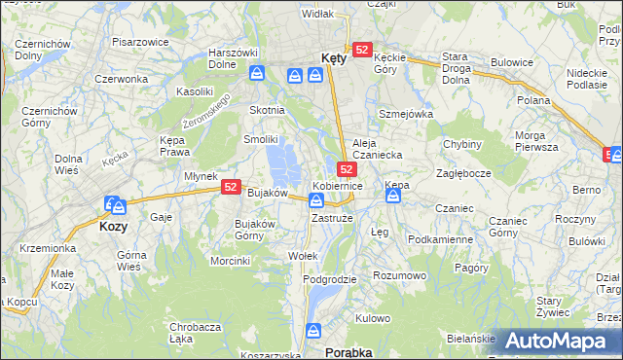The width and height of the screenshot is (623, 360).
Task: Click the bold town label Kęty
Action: pos(333,58)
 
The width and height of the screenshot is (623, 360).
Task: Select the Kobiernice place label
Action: pos(338,185)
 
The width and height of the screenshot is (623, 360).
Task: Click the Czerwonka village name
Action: pos(121,78)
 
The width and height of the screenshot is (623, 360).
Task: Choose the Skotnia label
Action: pos(268,110)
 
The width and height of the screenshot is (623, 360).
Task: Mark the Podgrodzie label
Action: pos(329,279)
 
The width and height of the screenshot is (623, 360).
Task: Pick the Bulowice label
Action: pos(513,61)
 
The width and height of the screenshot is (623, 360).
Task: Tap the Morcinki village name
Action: pos(231,261)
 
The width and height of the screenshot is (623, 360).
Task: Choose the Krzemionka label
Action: pos(47,248)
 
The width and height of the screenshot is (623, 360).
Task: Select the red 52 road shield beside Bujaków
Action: pos(231,187)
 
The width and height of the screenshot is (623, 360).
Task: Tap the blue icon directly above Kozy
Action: pos(114,205)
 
